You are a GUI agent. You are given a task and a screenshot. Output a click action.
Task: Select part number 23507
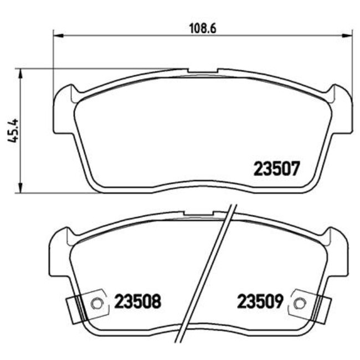click(276, 168)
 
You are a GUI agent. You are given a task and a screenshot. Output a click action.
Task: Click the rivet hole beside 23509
click(300, 303)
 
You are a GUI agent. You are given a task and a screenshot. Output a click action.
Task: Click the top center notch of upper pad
click(202, 71)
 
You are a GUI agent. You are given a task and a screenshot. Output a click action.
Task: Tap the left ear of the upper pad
click(64, 111)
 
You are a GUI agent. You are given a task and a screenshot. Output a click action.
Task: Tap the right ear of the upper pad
click(342, 111)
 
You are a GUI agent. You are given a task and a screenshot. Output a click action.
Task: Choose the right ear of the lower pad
click(338, 252)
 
